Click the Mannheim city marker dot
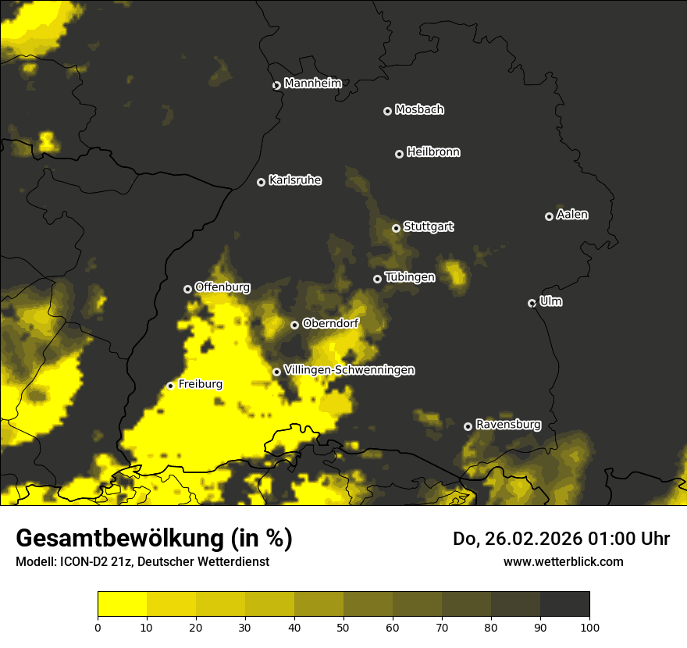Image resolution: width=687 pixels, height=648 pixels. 276,86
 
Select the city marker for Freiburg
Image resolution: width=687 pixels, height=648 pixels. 170,386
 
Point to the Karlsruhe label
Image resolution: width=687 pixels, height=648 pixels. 294,180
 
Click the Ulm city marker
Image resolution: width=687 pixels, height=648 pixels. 532,303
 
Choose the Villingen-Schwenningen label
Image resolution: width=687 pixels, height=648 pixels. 349,370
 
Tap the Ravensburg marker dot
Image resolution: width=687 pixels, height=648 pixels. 468,426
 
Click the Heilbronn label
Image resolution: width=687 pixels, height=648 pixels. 433,152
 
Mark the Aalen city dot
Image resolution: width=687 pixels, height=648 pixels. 549,216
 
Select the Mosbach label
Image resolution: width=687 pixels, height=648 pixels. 418,109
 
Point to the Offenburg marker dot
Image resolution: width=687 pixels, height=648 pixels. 187,289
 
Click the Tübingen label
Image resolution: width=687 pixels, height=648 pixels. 410,277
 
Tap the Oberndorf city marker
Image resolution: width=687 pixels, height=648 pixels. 294,325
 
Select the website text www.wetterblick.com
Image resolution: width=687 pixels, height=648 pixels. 563,561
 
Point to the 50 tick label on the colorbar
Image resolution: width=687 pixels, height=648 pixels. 343,626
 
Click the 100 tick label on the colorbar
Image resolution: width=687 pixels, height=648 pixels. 589,626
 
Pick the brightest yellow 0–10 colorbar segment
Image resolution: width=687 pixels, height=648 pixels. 122,604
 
